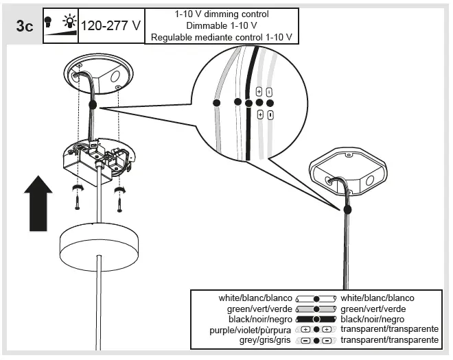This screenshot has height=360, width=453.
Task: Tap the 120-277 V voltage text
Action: coord(111,26)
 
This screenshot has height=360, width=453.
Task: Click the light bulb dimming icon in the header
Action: coord(60,25)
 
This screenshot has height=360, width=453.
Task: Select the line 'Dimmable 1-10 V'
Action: coord(222,25)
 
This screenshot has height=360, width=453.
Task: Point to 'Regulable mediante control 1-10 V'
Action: coord(222,37)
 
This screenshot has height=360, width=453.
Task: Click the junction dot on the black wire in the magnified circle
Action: coord(248,104)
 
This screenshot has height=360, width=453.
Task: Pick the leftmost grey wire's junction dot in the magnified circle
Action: coord(216,102)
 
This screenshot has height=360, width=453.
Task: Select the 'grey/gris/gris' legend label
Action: coord(264,340)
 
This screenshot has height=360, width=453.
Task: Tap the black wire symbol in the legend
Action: coord(315,320)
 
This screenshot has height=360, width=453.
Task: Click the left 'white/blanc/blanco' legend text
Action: coord(255,298)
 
